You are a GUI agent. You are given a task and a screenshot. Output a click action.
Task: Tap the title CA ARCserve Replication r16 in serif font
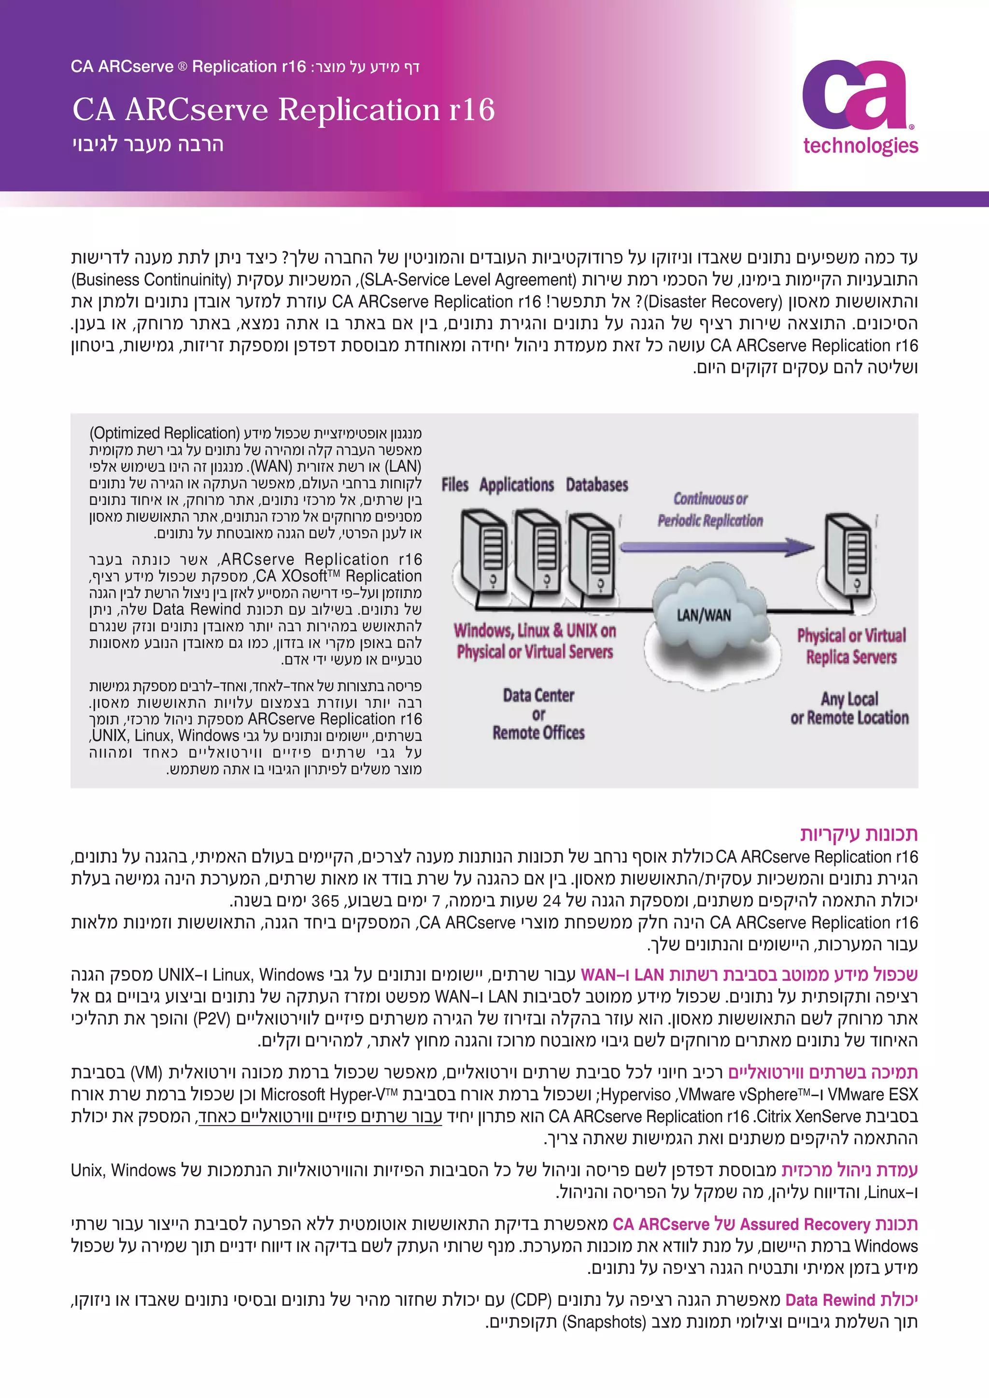click(x=283, y=110)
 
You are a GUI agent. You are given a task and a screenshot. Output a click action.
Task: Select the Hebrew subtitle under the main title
click(x=148, y=144)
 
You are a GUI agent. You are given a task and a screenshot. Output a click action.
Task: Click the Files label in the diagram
click(x=455, y=485)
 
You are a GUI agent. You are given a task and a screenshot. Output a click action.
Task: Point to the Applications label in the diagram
click(x=516, y=485)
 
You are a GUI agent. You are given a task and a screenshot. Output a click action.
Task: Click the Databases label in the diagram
click(x=596, y=485)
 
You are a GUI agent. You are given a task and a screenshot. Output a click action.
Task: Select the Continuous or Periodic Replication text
click(x=710, y=509)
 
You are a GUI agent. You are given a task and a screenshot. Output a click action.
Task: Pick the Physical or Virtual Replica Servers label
click(x=851, y=646)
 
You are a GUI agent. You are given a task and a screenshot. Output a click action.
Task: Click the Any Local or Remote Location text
click(x=849, y=708)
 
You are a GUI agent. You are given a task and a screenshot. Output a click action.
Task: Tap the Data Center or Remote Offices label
click(x=538, y=714)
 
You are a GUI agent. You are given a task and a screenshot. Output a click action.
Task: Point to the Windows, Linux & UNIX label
click(x=535, y=640)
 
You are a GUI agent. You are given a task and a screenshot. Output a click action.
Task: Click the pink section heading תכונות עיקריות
click(x=859, y=833)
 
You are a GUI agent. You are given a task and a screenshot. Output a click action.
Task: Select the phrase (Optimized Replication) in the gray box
click(x=164, y=433)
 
